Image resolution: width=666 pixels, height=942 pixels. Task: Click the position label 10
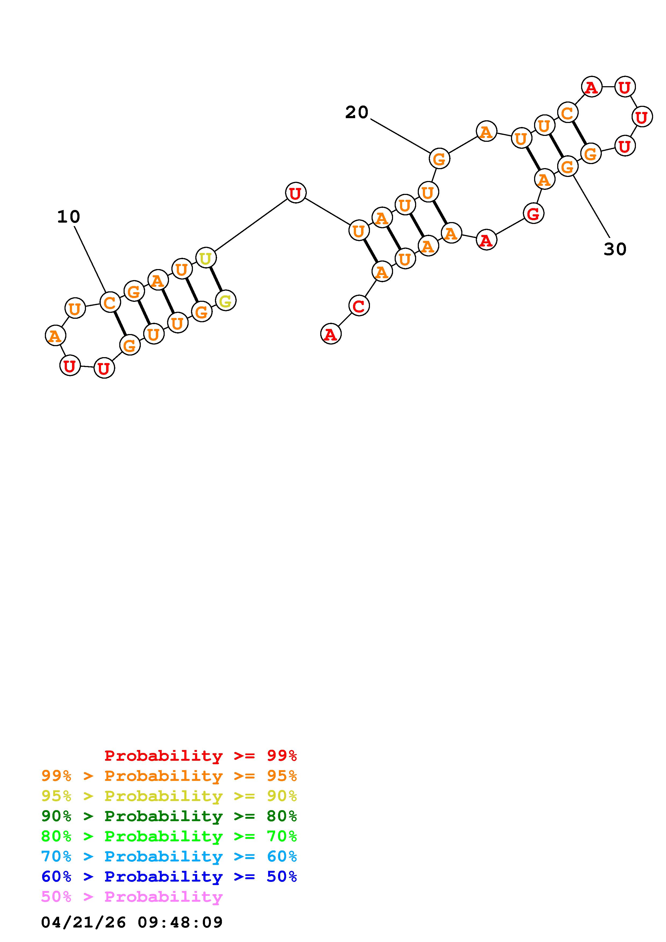pos(69,217)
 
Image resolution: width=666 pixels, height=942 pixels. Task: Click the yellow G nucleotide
pos(226,301)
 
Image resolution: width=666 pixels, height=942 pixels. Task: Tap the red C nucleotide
pos(359,306)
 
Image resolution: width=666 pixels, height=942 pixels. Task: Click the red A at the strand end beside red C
pos(331,334)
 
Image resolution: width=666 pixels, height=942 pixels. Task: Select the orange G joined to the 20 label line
pos(440,158)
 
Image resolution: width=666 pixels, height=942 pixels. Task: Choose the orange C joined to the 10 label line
pos(110,303)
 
